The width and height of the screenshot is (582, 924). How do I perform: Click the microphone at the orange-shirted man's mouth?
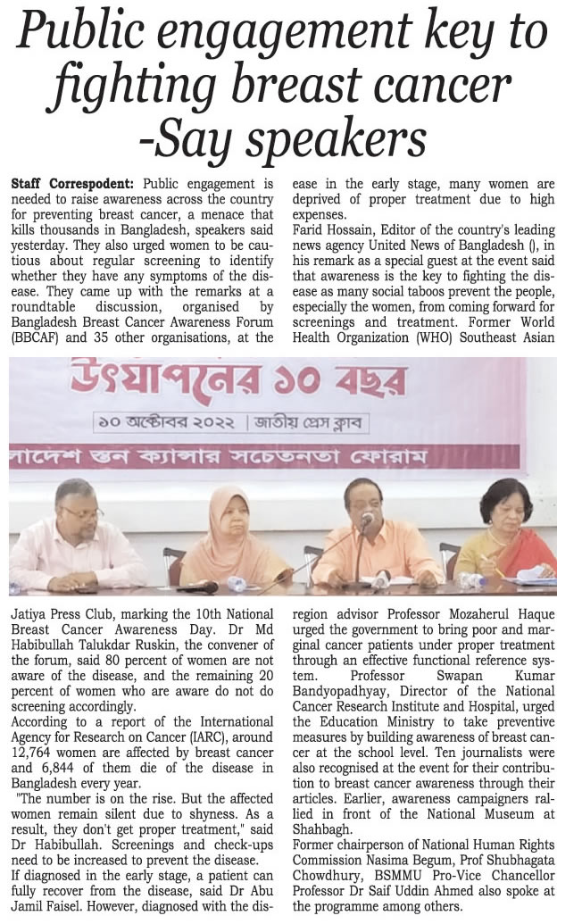[367, 520]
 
